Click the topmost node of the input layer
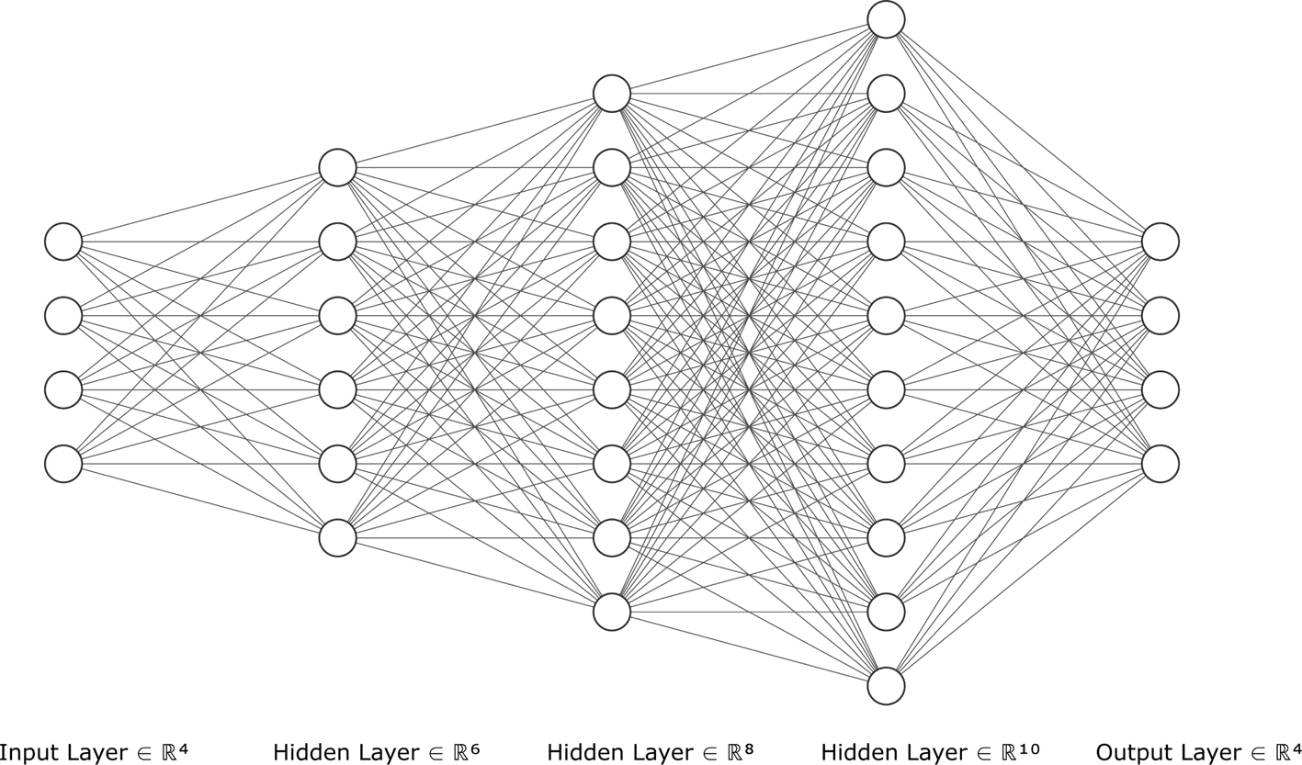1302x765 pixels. tap(63, 242)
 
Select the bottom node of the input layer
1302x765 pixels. tap(63, 464)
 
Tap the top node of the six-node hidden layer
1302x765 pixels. tap(337, 167)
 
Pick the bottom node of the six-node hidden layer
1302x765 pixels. tap(337, 538)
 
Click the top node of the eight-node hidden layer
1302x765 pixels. tap(612, 93)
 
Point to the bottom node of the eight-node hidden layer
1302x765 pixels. tap(612, 612)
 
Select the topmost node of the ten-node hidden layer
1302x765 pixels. tap(886, 19)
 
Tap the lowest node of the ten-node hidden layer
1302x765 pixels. tap(886, 686)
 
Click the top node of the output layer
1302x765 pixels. tap(1160, 242)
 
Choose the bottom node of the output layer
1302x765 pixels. tap(1160, 464)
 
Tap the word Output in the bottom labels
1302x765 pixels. tap(1128, 753)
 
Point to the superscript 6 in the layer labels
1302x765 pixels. tap(474, 748)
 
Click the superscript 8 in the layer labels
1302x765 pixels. tap(748, 748)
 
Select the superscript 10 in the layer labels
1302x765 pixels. tap(1029, 748)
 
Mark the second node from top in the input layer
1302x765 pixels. tap(63, 315)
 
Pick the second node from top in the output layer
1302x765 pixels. tap(1160, 315)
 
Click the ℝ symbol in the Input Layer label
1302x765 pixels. tap(169, 753)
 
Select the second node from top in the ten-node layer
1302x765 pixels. tap(886, 93)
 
